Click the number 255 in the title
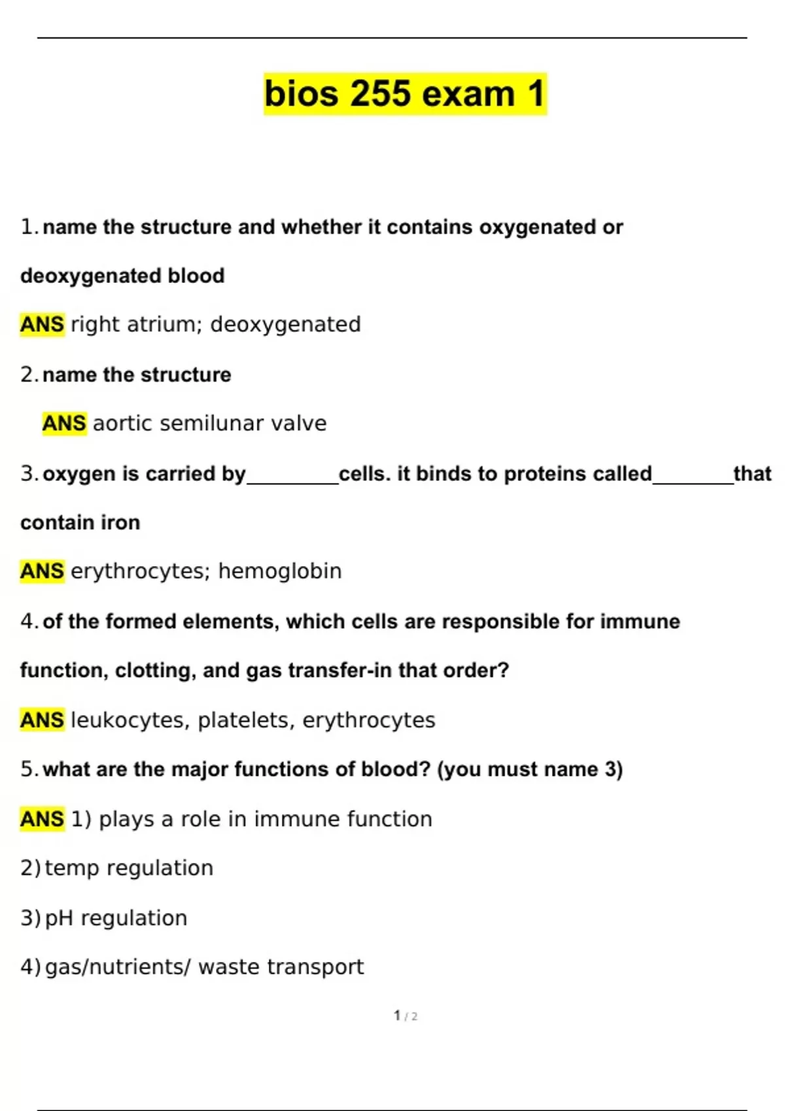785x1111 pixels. pos(382,94)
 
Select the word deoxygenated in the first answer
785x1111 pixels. pos(285,325)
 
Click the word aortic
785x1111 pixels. pos(122,423)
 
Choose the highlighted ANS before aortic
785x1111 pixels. pos(64,423)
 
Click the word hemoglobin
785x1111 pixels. pos(279,571)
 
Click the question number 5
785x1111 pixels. pos(27,769)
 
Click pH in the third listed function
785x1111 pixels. pos(59,918)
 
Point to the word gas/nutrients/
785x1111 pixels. pos(118,967)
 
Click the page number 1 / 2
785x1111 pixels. pos(406,1016)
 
